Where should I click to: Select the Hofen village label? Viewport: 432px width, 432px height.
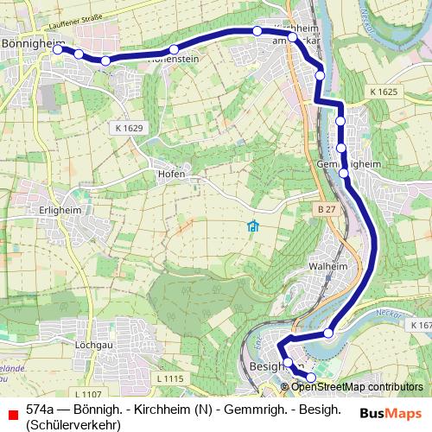pyautogui.click(x=171, y=174)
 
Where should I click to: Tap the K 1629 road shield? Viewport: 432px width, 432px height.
pyautogui.click(x=127, y=128)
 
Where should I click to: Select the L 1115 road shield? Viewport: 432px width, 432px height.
pyautogui.click(x=171, y=378)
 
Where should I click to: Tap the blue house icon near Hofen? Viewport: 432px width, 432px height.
pyautogui.click(x=252, y=227)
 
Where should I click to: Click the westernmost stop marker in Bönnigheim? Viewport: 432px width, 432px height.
pyautogui.click(x=58, y=49)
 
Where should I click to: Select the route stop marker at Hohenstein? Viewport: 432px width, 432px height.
pyautogui.click(x=174, y=49)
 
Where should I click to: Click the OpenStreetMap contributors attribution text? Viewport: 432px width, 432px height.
pyautogui.click(x=356, y=387)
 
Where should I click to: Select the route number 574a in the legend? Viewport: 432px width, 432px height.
pyautogui.click(x=41, y=409)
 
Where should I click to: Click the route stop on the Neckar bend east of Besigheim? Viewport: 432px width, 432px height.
pyautogui.click(x=329, y=334)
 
